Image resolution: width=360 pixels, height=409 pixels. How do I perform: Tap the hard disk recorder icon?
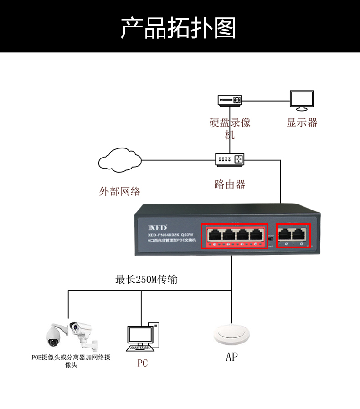(x=229, y=100)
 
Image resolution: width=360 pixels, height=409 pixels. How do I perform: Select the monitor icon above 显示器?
(x=302, y=100)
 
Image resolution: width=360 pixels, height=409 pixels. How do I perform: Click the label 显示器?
(x=302, y=123)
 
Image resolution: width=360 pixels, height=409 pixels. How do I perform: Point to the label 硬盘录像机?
(x=230, y=128)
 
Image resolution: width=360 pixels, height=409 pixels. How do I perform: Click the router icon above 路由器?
(x=230, y=159)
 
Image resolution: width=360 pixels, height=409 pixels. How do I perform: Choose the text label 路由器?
(x=230, y=184)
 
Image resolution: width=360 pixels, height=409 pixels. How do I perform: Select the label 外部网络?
(x=120, y=191)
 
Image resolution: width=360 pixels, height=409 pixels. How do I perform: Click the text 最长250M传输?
(x=146, y=280)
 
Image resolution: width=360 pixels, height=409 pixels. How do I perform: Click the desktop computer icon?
(x=143, y=337)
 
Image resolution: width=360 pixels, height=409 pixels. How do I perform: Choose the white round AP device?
(x=232, y=335)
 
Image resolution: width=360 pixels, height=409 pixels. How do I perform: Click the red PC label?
(x=143, y=363)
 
